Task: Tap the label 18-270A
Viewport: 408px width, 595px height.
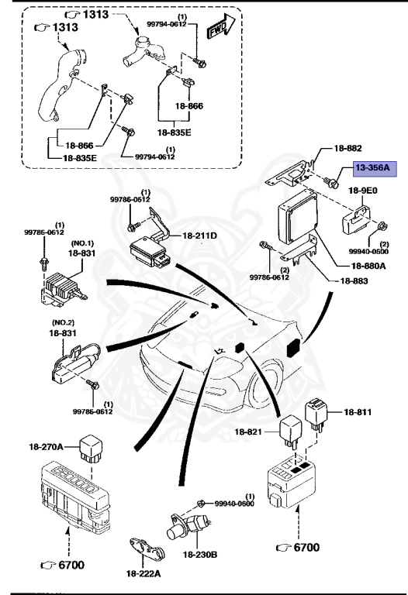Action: pos(49,445)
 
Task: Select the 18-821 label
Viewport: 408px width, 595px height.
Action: pos(251,428)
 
